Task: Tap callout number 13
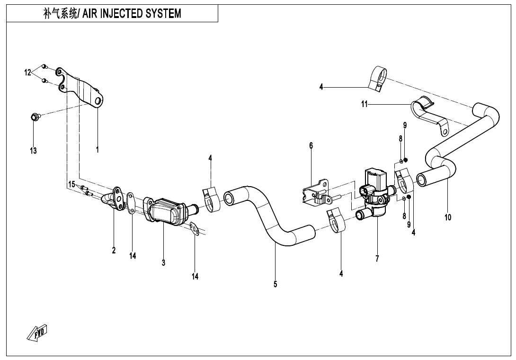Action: (33, 151)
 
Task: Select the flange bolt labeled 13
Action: (34, 116)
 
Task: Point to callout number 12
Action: (28, 72)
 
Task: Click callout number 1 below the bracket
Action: (98, 149)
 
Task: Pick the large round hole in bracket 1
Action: (98, 101)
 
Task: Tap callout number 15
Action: (71, 184)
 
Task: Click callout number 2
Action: (114, 251)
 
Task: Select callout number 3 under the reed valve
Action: (163, 262)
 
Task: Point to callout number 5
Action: (275, 284)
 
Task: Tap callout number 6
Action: (311, 145)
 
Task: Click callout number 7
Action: (377, 259)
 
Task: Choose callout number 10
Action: (448, 217)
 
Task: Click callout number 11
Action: (365, 104)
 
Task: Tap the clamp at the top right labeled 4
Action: (378, 78)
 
